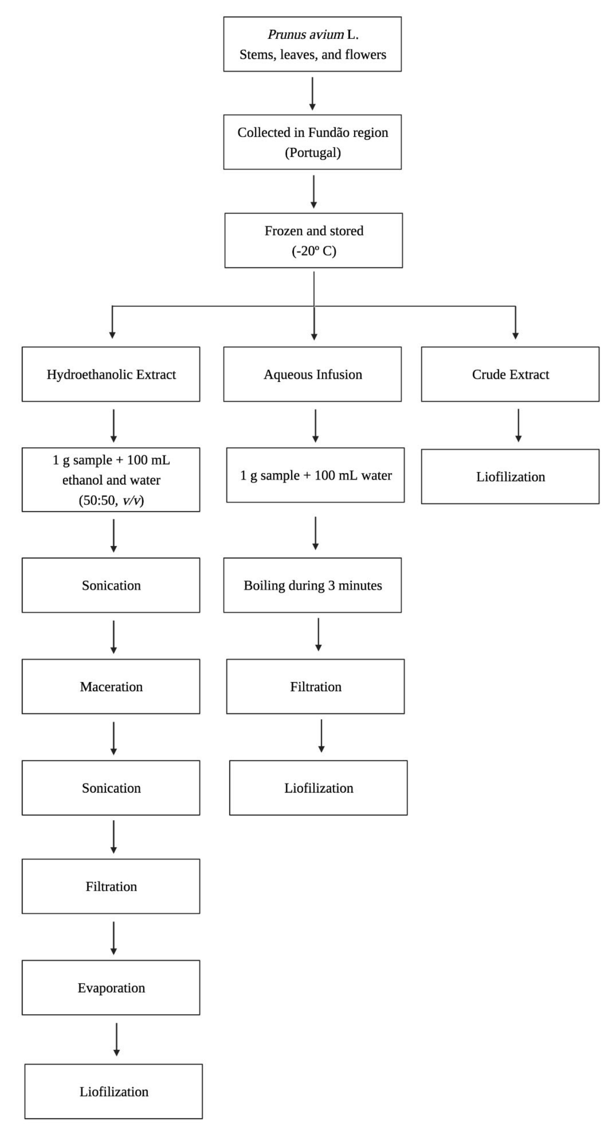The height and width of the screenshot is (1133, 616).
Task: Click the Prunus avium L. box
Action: pos(312,44)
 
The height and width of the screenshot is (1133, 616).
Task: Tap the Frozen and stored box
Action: pos(313,240)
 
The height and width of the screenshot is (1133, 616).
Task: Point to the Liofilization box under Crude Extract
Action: pos(510,476)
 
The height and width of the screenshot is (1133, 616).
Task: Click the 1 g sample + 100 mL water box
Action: pos(315,475)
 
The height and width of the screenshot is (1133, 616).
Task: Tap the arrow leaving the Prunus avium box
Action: pos(312,93)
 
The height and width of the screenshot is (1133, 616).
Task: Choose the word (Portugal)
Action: pos(313,153)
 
